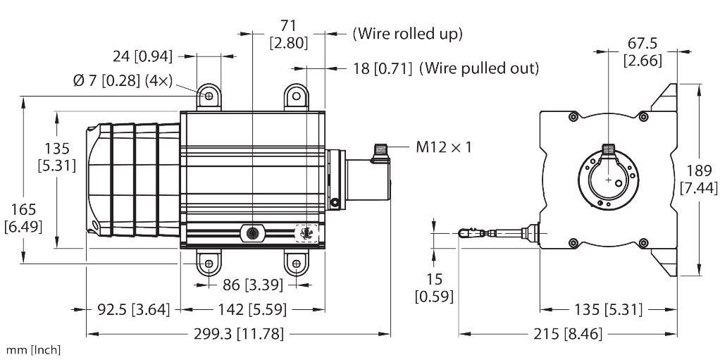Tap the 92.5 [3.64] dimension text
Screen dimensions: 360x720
coord(123,309)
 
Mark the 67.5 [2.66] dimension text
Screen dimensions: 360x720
coord(643,53)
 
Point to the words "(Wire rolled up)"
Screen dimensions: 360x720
coord(407,33)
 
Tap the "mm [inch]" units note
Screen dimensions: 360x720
coord(33,350)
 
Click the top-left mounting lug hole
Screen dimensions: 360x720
coord(209,94)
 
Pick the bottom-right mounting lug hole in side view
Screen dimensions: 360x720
coord(295,266)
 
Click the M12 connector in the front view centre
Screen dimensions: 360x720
coord(608,150)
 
